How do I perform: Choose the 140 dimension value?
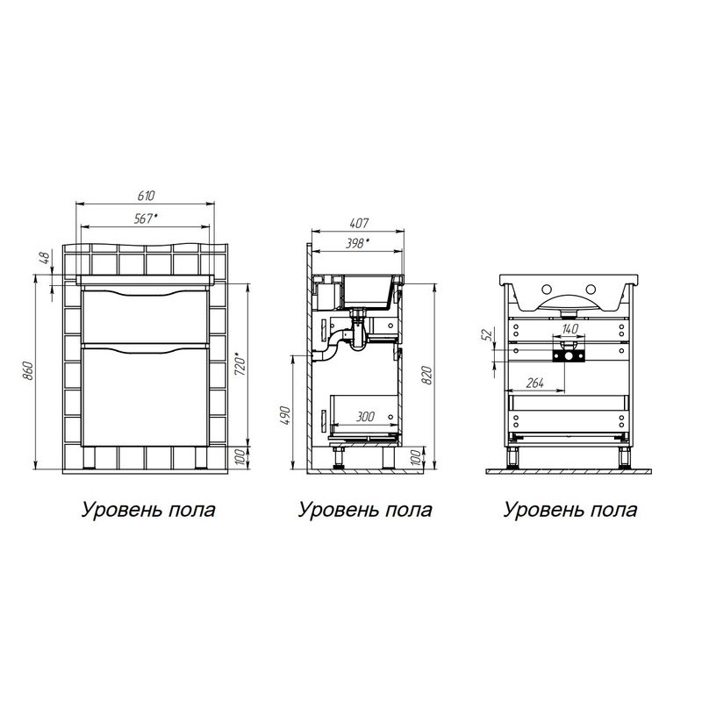[572, 326]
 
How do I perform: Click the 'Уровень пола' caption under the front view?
[148, 509]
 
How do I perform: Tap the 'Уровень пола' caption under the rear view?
[569, 509]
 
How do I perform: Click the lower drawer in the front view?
[145, 395]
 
